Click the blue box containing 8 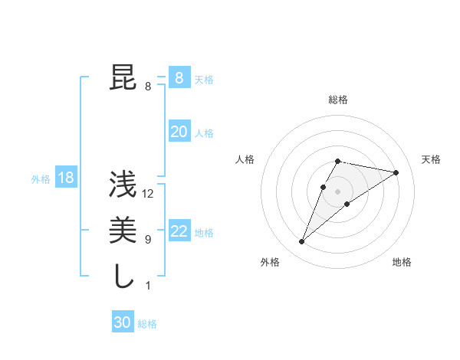[x=179, y=77]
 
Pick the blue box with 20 [x=179, y=132]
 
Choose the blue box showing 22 [x=179, y=231]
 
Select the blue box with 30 [x=123, y=322]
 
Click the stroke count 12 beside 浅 [x=149, y=194]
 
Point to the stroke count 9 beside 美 [x=148, y=240]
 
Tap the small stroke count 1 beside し [x=148, y=286]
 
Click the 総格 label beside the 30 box [x=147, y=324]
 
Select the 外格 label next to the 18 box [x=41, y=179]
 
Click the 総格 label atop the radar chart [x=338, y=100]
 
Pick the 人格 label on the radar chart [x=245, y=159]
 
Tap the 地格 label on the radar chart [x=402, y=262]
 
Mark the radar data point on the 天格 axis [x=396, y=172]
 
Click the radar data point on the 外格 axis [x=302, y=242]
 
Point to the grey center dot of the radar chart [x=338, y=191]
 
